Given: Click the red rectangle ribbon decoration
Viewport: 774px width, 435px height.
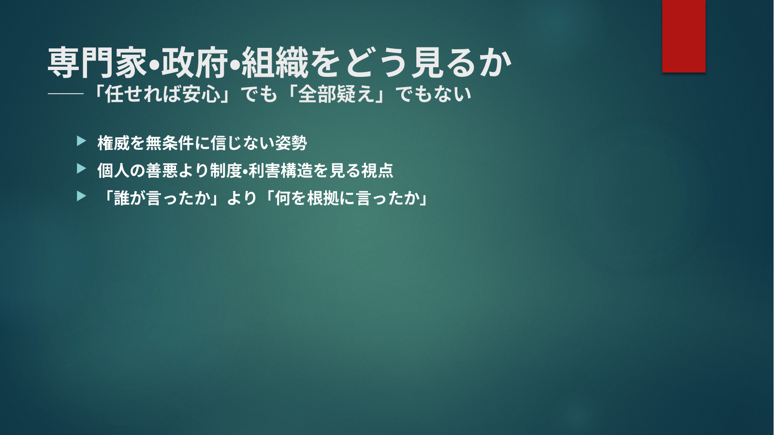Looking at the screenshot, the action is [684, 36].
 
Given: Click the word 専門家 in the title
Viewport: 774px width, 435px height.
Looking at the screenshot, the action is [97, 62].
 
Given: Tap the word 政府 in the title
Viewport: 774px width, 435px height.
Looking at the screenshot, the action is [194, 62].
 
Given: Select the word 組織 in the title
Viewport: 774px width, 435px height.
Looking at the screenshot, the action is [275, 62].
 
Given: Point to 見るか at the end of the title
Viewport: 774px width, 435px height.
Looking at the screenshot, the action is [462, 62].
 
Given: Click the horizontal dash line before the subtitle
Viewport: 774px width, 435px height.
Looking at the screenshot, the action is [66, 94].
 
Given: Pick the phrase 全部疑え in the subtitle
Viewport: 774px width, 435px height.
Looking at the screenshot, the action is [336, 94].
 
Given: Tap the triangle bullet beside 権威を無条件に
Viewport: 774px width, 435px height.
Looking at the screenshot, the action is [82, 141].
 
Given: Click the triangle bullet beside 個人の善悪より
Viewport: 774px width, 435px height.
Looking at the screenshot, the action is [82, 169].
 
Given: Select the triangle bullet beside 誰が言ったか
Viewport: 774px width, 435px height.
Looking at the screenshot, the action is [82, 196].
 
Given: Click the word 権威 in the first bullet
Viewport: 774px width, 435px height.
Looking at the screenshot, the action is [113, 143].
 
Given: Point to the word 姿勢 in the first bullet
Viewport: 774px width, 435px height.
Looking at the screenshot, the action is [291, 143].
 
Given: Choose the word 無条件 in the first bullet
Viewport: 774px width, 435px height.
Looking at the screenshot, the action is [169, 143].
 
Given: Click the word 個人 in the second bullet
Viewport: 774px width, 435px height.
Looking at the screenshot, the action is [113, 170].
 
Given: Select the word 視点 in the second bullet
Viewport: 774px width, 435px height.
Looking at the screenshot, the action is [377, 170].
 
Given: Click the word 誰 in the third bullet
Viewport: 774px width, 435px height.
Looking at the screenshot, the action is [122, 198].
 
